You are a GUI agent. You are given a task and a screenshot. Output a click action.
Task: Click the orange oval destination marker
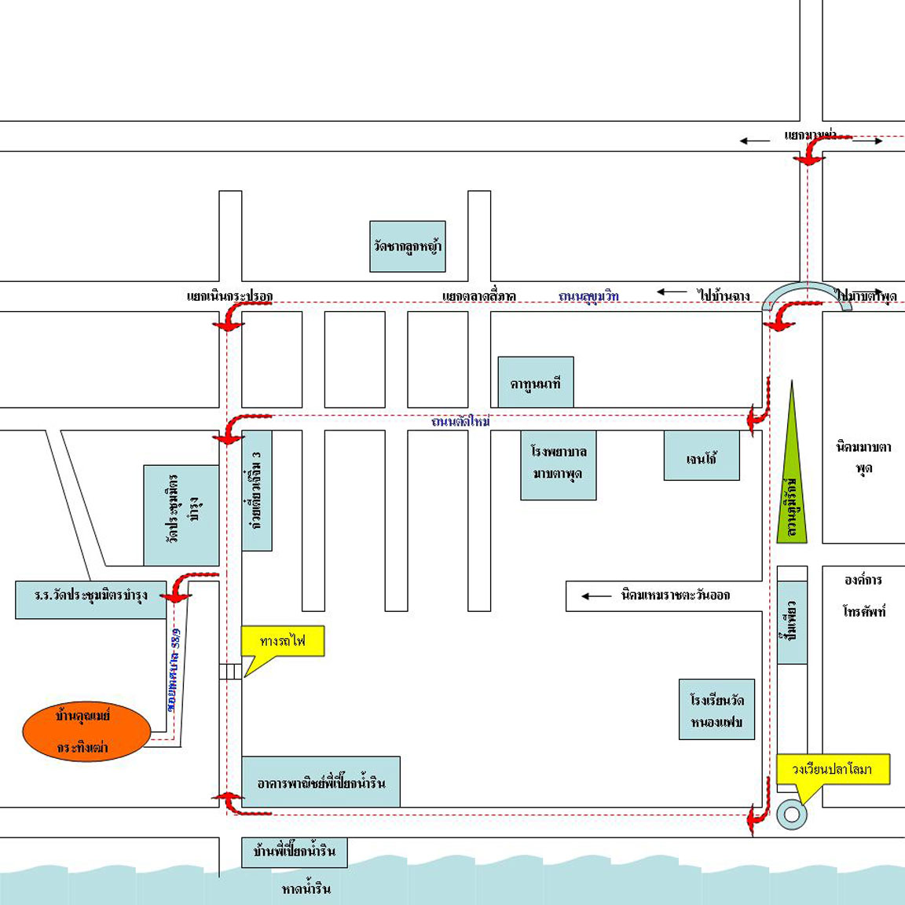pos(86,731)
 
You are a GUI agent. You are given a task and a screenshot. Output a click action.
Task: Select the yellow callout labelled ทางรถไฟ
pos(282,641)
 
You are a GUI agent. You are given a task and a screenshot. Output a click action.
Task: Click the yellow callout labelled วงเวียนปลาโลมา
pos(833,769)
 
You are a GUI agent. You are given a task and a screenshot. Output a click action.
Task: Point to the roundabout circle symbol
pos(792,814)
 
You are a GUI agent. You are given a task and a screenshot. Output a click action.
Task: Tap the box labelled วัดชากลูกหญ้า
pos(408,247)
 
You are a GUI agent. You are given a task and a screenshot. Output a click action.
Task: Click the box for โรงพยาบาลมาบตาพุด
pos(559,463)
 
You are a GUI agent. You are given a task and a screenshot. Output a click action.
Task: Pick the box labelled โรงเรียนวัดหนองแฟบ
pos(716,710)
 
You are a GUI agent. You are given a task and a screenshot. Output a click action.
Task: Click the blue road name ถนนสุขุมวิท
pos(588,296)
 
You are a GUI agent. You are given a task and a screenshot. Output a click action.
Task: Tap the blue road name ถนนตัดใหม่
pos(460,422)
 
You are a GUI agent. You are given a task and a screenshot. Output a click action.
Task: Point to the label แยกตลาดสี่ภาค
pos(478,296)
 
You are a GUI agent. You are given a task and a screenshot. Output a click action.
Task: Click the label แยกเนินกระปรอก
pos(229,296)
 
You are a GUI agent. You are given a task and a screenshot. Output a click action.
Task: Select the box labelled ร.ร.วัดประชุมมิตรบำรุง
pos(91,599)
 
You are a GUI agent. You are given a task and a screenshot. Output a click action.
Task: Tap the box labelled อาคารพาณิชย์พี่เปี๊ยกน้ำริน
pos(321,782)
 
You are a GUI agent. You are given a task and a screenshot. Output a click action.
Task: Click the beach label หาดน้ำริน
pos(306,889)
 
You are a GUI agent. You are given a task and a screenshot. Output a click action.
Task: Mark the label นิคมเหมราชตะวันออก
pos(675,595)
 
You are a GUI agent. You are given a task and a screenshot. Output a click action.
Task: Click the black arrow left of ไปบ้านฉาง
pos(672,292)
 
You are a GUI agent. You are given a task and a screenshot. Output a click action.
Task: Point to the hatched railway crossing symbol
pos(229,672)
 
